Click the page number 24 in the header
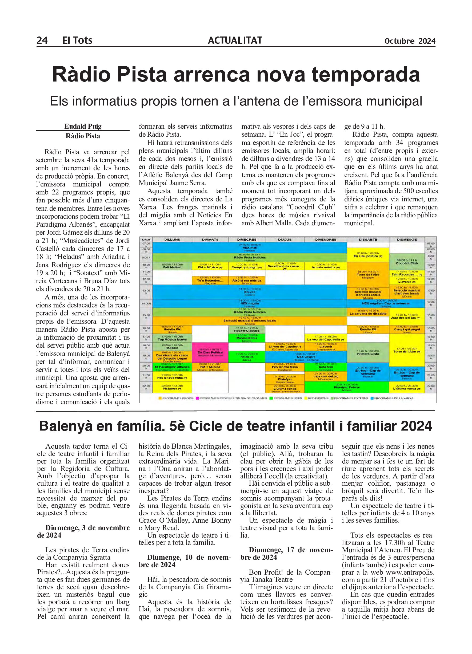coord(42,40)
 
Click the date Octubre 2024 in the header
coord(410,41)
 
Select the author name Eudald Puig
coord(83,126)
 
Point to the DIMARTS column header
coord(210,239)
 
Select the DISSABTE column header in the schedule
coord(368,239)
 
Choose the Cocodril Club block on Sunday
coord(407,262)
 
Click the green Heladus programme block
coord(247,357)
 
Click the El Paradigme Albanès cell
coord(172,367)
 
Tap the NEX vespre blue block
coord(306,357)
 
